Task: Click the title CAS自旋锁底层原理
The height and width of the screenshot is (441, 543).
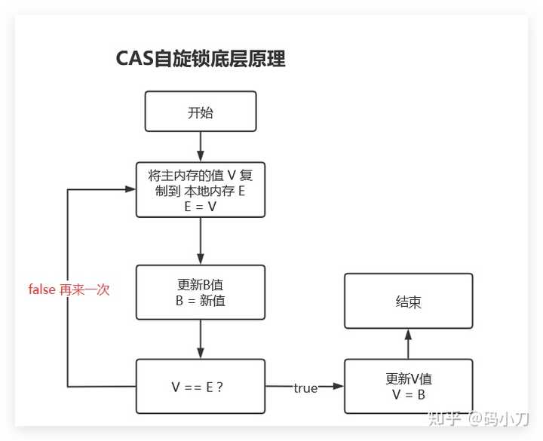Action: click(201, 59)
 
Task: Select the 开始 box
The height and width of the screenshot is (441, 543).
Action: click(201, 112)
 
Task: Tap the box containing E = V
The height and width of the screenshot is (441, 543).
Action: click(201, 190)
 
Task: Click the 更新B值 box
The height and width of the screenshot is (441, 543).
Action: click(201, 292)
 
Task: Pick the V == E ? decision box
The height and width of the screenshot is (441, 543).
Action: click(201, 387)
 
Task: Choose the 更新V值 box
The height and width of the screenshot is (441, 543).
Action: click(408, 387)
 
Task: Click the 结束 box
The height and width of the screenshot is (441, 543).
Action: click(408, 302)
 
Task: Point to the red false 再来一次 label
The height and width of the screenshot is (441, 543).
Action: click(69, 289)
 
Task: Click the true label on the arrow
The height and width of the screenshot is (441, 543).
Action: click(305, 387)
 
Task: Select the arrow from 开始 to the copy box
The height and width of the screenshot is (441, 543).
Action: click(201, 146)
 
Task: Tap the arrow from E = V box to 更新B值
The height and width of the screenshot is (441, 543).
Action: click(201, 240)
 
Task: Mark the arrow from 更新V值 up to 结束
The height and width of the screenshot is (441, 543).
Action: click(408, 345)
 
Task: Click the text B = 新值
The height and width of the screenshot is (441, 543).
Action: click(201, 300)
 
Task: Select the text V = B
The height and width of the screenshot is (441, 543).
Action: click(408, 395)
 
